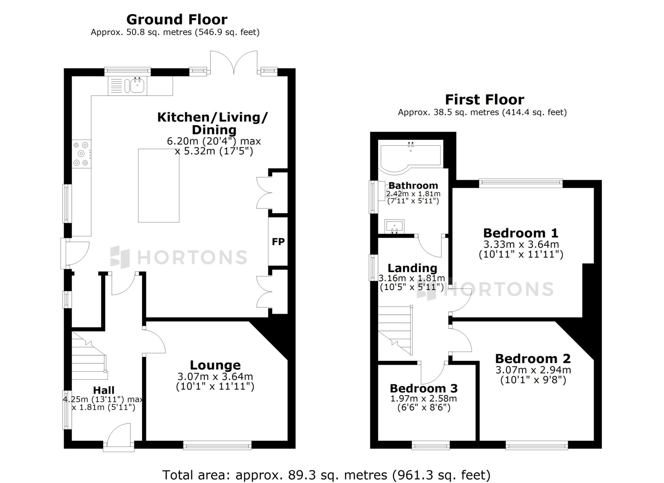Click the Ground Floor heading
[177, 19]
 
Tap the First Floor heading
[485, 100]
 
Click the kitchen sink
[137, 85]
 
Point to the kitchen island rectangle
[159, 185]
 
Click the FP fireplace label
[278, 241]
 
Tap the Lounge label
[215, 365]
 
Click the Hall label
[104, 390]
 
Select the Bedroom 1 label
[521, 233]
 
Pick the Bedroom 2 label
[533, 358]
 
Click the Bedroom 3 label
[424, 388]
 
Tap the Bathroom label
[413, 185]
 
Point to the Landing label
[412, 268]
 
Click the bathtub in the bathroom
[411, 158]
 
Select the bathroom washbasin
[394, 226]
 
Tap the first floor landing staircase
[395, 331]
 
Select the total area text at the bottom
[326, 475]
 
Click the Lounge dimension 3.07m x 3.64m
[215, 376]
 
